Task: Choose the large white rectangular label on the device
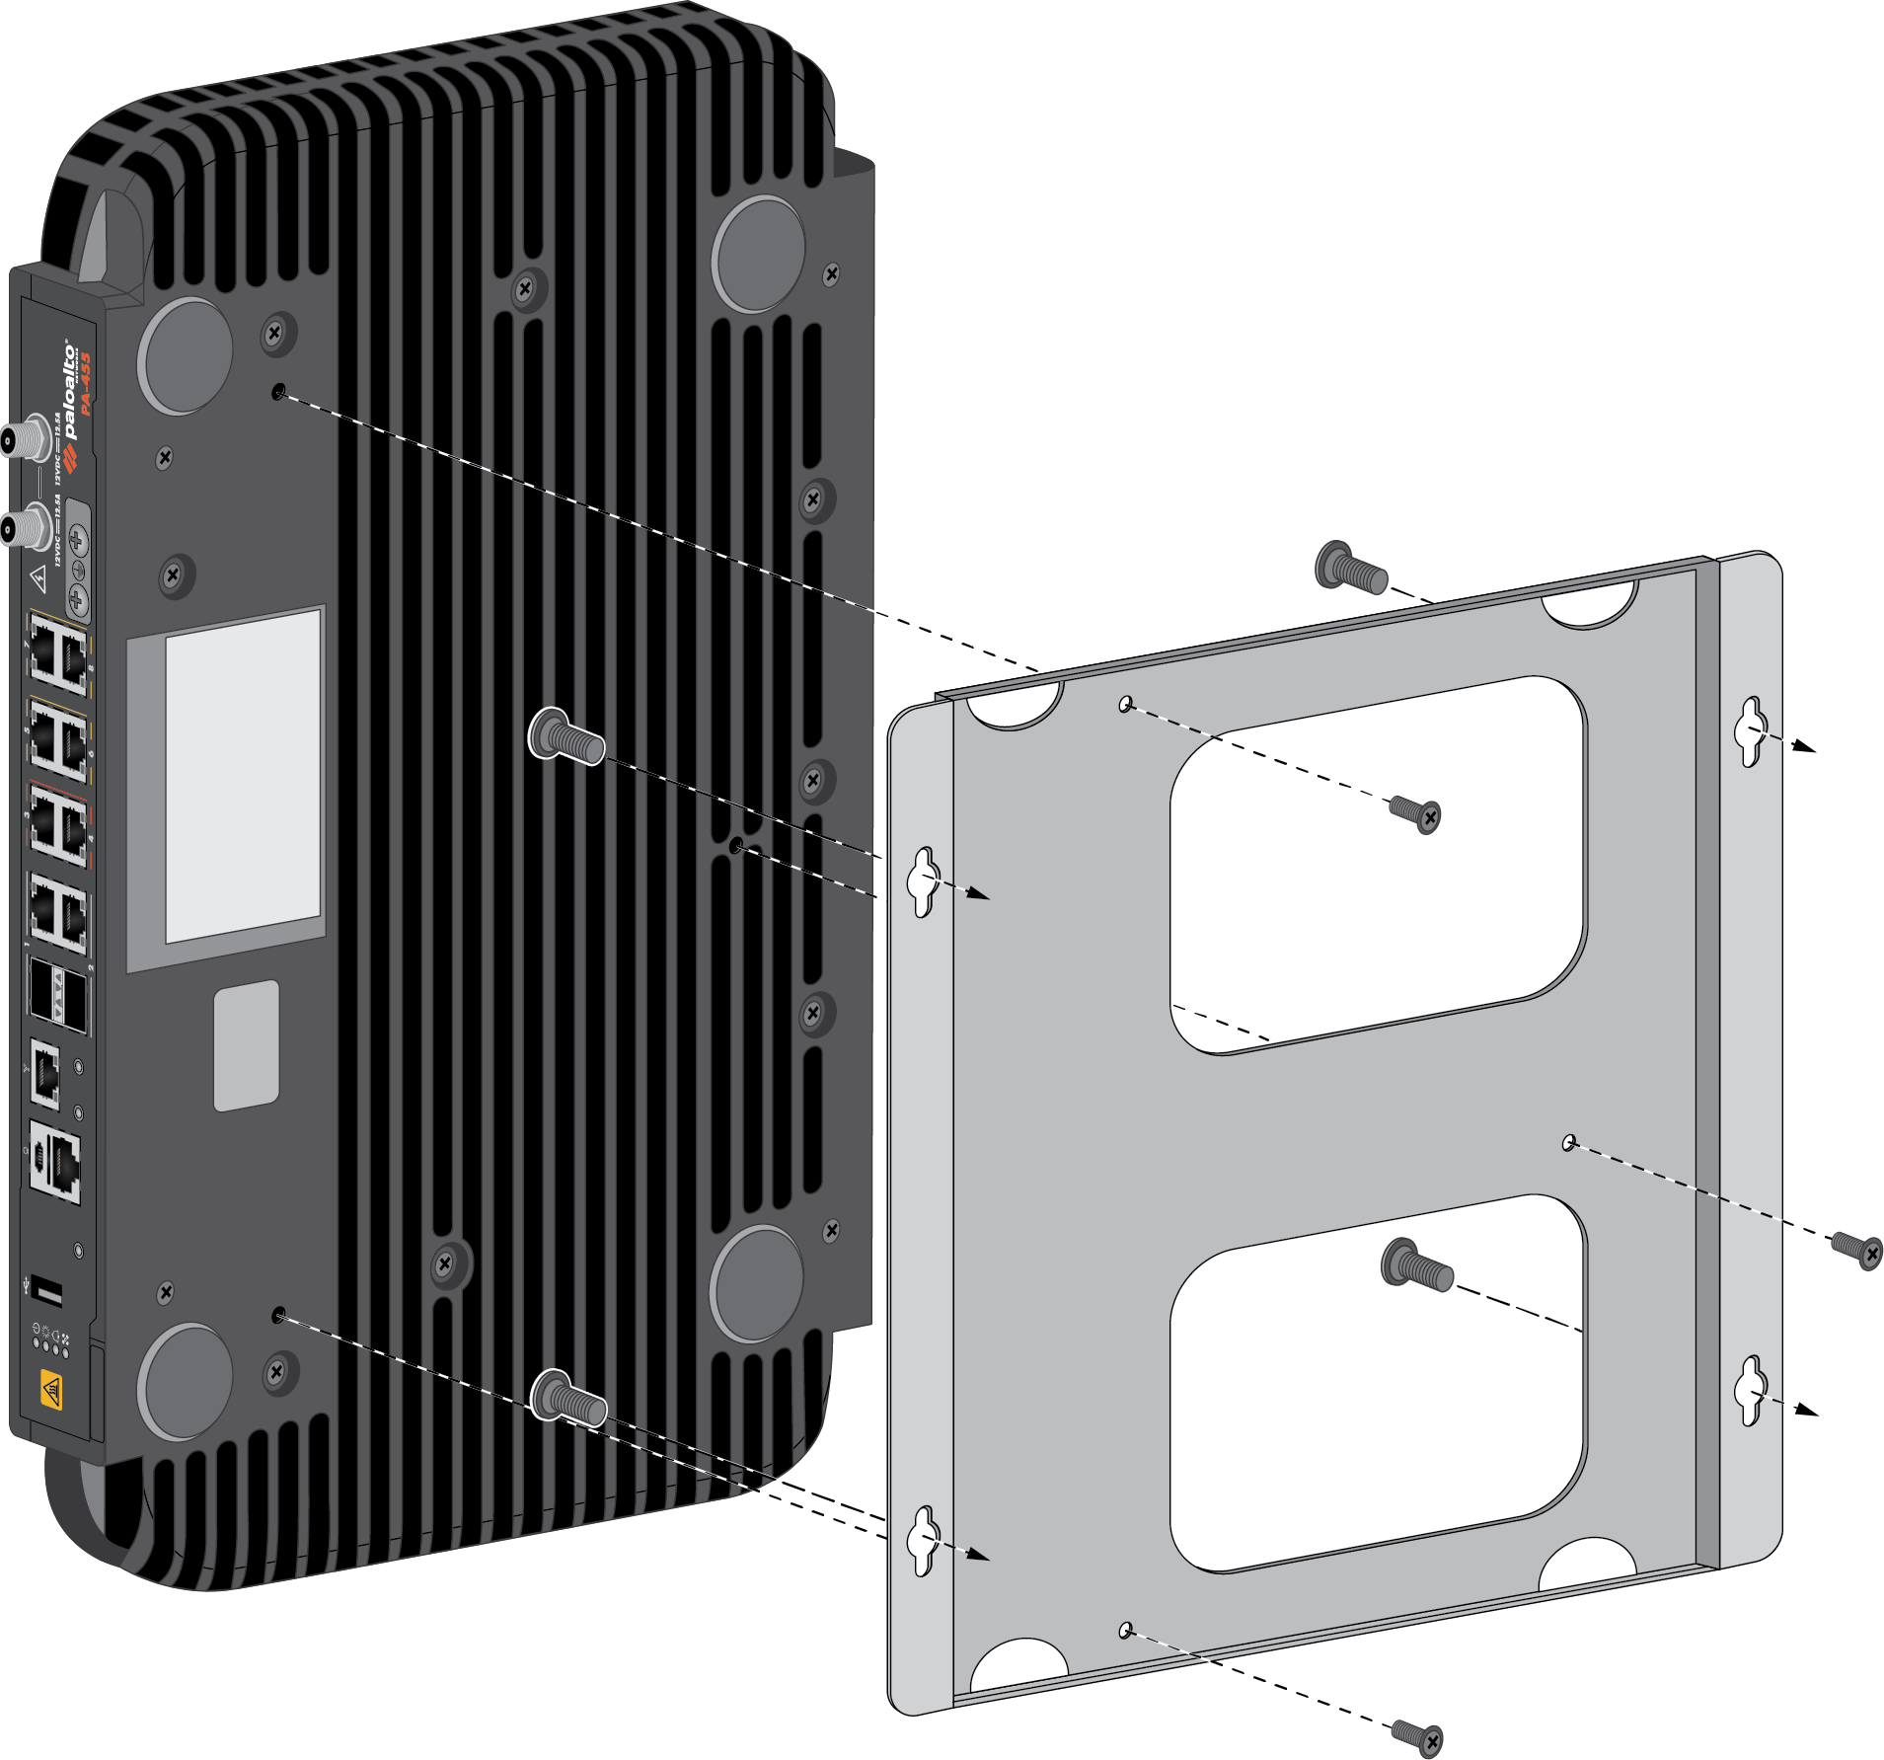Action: click(243, 776)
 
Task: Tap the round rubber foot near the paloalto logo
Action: click(186, 355)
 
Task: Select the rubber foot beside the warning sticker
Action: click(185, 1381)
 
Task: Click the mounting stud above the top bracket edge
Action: click(1351, 569)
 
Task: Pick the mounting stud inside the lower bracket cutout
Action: click(1417, 1266)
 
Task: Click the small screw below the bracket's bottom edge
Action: click(1418, 1735)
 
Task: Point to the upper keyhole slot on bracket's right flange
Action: click(1750, 731)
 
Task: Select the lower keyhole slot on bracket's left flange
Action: click(923, 1541)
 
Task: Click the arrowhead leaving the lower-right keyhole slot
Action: click(1805, 1411)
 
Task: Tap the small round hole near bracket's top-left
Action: click(1125, 704)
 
